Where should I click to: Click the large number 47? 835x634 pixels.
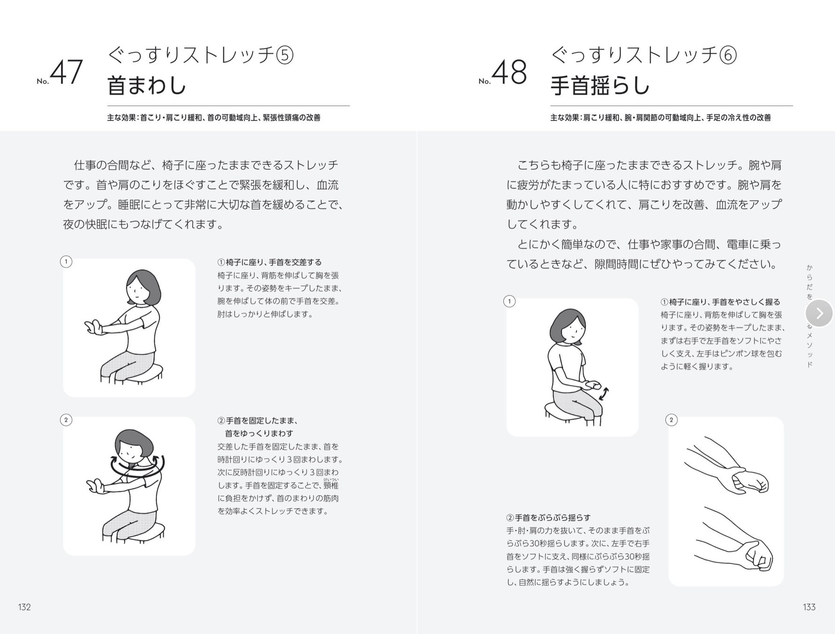66,72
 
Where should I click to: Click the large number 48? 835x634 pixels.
509,72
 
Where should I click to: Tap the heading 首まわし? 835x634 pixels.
147,85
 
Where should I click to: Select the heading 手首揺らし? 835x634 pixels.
600,85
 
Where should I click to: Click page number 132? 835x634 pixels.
24,607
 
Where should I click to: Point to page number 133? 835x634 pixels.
809,607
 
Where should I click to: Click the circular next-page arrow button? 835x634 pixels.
819,313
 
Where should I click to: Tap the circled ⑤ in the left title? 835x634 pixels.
284,55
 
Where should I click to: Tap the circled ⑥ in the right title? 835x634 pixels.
728,55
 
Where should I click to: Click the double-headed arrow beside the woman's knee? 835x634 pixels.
604,394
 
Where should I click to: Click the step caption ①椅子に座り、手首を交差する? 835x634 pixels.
269,262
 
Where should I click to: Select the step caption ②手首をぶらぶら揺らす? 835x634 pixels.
548,518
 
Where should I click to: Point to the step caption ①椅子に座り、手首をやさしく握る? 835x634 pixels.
721,302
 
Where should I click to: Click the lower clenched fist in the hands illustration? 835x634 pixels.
756,556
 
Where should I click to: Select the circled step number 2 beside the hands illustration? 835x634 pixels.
671,420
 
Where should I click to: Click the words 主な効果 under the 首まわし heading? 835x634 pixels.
122,118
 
